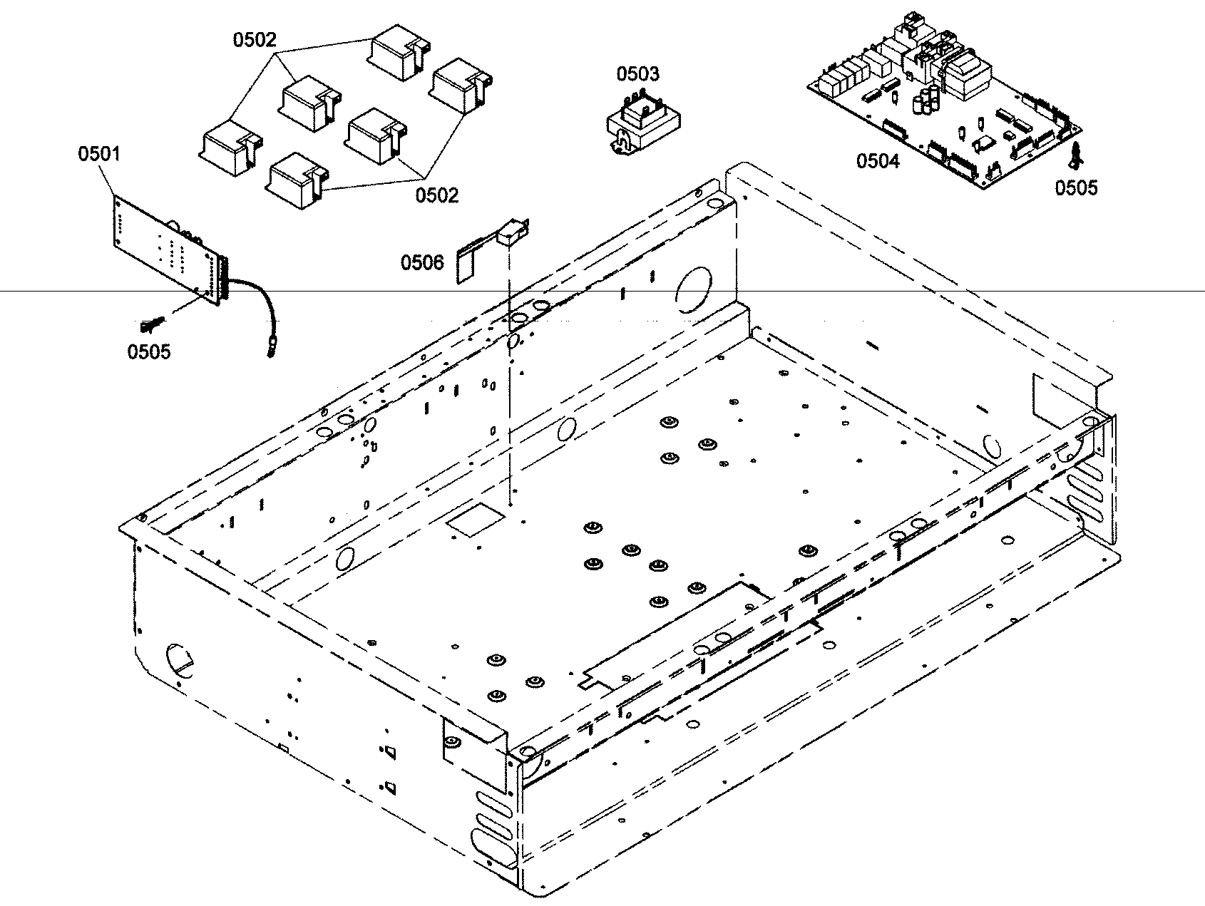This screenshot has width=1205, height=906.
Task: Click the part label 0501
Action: (99, 153)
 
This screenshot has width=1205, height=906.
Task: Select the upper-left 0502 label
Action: (254, 40)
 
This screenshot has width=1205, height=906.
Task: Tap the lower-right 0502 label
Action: (437, 194)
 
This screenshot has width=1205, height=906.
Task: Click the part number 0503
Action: (637, 73)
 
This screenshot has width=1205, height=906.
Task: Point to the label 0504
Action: (878, 161)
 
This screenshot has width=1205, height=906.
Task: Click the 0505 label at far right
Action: (1076, 187)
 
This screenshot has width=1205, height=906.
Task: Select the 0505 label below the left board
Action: (149, 351)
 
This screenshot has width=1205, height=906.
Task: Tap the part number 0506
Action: (422, 262)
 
